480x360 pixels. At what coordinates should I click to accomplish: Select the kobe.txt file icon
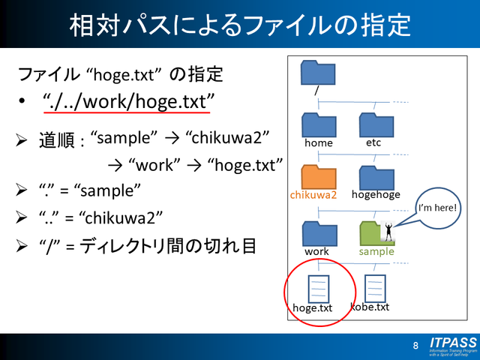click(x=374, y=286)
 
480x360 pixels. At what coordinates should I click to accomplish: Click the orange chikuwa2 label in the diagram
click(x=313, y=195)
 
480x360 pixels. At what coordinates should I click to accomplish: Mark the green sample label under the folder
click(x=376, y=251)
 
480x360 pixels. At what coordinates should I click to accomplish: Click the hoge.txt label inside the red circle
click(x=313, y=307)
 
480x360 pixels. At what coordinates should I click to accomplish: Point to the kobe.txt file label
click(x=370, y=307)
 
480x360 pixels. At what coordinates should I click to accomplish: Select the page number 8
click(x=415, y=346)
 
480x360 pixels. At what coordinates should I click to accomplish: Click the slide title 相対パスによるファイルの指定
click(x=240, y=25)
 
